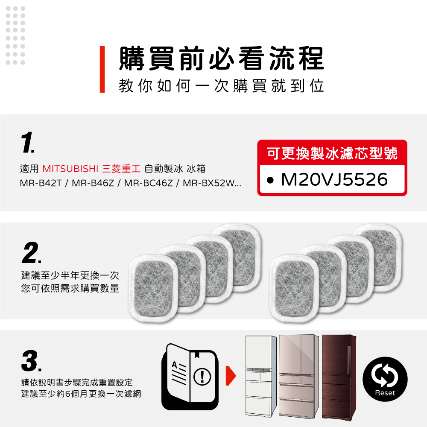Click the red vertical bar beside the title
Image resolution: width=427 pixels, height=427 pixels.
(x=102, y=69)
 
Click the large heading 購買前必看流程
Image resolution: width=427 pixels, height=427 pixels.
(x=222, y=58)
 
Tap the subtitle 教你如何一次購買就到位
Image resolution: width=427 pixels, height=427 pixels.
(x=221, y=86)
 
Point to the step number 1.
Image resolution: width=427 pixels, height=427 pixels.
(x=27, y=143)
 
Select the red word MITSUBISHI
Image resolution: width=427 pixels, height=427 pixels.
(x=70, y=169)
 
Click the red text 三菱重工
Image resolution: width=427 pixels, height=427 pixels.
(x=121, y=169)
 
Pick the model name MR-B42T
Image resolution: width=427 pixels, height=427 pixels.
(x=41, y=183)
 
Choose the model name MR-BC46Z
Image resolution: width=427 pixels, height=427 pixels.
(x=149, y=183)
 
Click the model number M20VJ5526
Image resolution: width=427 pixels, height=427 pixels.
(x=334, y=179)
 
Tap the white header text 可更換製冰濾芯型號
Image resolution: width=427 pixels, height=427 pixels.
(x=332, y=153)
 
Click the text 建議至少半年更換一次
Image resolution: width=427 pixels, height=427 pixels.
(x=70, y=275)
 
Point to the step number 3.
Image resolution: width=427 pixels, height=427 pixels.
(x=31, y=361)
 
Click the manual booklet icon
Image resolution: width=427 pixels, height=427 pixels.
(x=190, y=377)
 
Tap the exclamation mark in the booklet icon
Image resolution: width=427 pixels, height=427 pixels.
(x=202, y=377)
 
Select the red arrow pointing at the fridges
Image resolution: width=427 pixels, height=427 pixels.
(x=231, y=376)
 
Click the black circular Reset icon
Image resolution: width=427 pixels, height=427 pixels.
(x=385, y=379)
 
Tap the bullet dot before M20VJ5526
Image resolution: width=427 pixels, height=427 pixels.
(x=270, y=180)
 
